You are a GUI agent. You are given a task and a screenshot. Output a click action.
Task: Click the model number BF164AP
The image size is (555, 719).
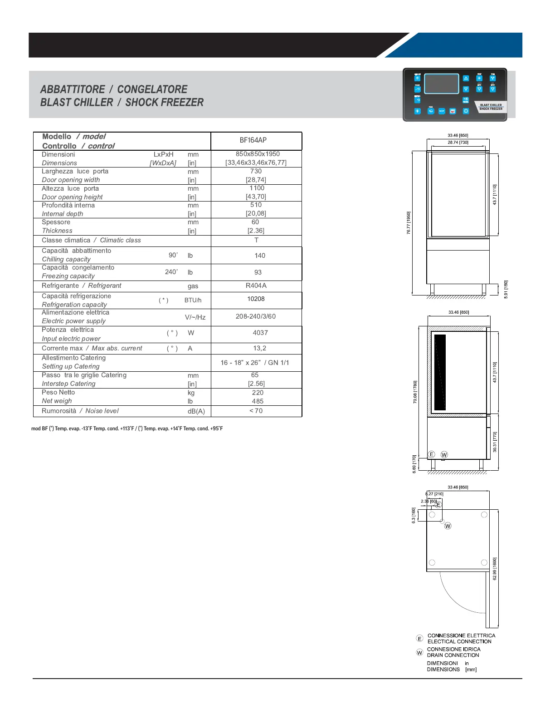(x=253, y=140)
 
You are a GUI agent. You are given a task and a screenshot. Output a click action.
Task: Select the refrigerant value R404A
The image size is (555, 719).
(x=256, y=286)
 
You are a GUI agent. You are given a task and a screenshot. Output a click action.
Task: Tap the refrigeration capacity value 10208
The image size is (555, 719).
(x=256, y=299)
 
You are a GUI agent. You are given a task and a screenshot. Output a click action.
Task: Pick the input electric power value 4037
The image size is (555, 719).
(x=260, y=333)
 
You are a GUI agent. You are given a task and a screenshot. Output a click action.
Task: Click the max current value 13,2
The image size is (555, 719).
(x=260, y=348)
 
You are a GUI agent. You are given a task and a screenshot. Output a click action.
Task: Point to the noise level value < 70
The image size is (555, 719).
(x=256, y=411)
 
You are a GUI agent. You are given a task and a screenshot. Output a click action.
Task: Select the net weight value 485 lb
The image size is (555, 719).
(x=258, y=401)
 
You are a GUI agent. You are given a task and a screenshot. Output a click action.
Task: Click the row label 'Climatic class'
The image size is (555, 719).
(x=120, y=240)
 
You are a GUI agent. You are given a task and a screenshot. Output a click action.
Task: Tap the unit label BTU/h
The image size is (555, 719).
(x=193, y=300)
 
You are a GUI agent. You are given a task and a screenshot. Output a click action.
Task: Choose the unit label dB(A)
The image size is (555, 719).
(x=196, y=411)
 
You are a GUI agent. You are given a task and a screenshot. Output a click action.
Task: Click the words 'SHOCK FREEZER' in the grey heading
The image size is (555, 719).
(x=164, y=103)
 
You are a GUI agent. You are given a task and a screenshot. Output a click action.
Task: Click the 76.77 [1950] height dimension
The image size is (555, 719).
(x=409, y=223)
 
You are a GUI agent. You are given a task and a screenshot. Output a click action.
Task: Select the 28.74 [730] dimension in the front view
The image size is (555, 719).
(x=458, y=143)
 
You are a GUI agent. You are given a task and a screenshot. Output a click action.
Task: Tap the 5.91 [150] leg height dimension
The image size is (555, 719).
(x=506, y=289)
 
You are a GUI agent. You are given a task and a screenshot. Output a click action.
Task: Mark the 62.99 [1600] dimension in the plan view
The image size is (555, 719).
(x=495, y=568)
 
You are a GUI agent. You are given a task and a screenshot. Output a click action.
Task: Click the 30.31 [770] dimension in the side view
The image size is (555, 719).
(x=495, y=442)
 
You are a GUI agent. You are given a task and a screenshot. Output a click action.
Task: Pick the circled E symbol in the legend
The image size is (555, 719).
(x=419, y=639)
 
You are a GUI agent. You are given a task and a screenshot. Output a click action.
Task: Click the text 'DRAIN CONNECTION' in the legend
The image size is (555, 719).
(x=453, y=655)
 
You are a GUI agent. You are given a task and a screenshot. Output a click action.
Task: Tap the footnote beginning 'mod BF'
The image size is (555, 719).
(x=127, y=428)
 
